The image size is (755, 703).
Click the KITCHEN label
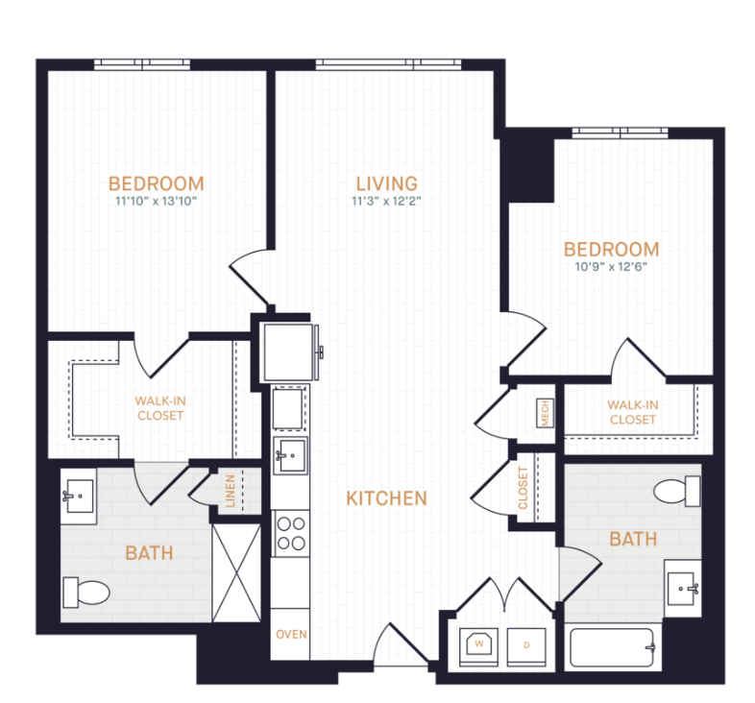click(386, 498)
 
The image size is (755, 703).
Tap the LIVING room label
click(386, 182)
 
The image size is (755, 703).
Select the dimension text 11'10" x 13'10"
click(156, 202)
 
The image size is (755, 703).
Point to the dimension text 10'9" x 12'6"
click(612, 267)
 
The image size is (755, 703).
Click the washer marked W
click(477, 643)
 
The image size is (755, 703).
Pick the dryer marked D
click(526, 644)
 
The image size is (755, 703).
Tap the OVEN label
click(291, 635)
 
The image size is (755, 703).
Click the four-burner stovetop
click(291, 534)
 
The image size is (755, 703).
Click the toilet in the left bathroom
click(85, 592)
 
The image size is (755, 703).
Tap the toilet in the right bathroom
click(677, 493)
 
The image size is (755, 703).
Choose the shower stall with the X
click(236, 572)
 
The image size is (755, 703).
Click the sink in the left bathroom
click(78, 497)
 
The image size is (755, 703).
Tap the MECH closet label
click(545, 413)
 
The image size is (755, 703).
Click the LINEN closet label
click(231, 490)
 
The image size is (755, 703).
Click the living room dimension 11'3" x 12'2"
click(386, 202)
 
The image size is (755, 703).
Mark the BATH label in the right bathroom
click(633, 539)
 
